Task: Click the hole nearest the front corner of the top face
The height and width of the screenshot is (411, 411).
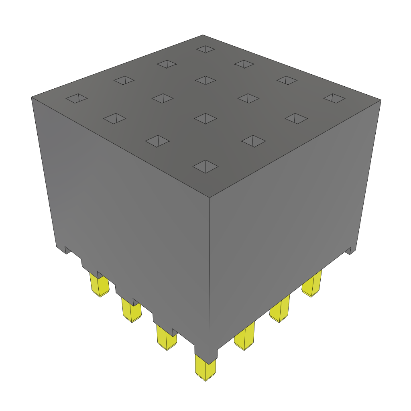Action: (x=205, y=166)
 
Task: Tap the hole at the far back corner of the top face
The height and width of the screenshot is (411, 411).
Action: (x=205, y=49)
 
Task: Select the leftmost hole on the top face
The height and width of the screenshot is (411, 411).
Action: (x=76, y=98)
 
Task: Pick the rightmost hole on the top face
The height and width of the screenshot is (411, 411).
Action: (x=334, y=98)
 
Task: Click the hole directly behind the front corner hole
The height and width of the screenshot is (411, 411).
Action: (x=205, y=118)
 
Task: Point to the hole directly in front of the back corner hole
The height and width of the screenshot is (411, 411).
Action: (x=205, y=80)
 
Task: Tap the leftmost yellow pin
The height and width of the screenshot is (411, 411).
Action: (x=100, y=285)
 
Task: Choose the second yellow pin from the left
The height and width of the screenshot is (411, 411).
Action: (x=132, y=311)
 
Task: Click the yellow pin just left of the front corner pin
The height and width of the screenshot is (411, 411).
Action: (x=166, y=338)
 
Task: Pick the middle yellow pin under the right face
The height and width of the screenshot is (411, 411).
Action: (x=280, y=309)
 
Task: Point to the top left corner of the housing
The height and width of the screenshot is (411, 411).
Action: (x=31, y=97)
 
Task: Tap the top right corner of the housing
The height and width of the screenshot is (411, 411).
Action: (x=380, y=100)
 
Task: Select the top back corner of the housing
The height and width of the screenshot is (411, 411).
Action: (x=203, y=35)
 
